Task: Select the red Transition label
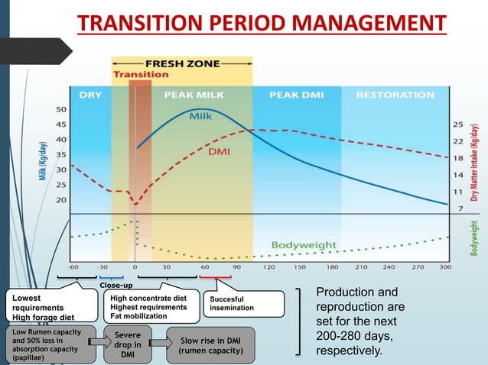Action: (141, 74)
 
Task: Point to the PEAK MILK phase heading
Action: (194, 95)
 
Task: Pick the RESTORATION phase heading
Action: (395, 95)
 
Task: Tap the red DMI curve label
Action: (219, 153)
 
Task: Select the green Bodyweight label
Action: (304, 245)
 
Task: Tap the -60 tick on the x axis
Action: (73, 268)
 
